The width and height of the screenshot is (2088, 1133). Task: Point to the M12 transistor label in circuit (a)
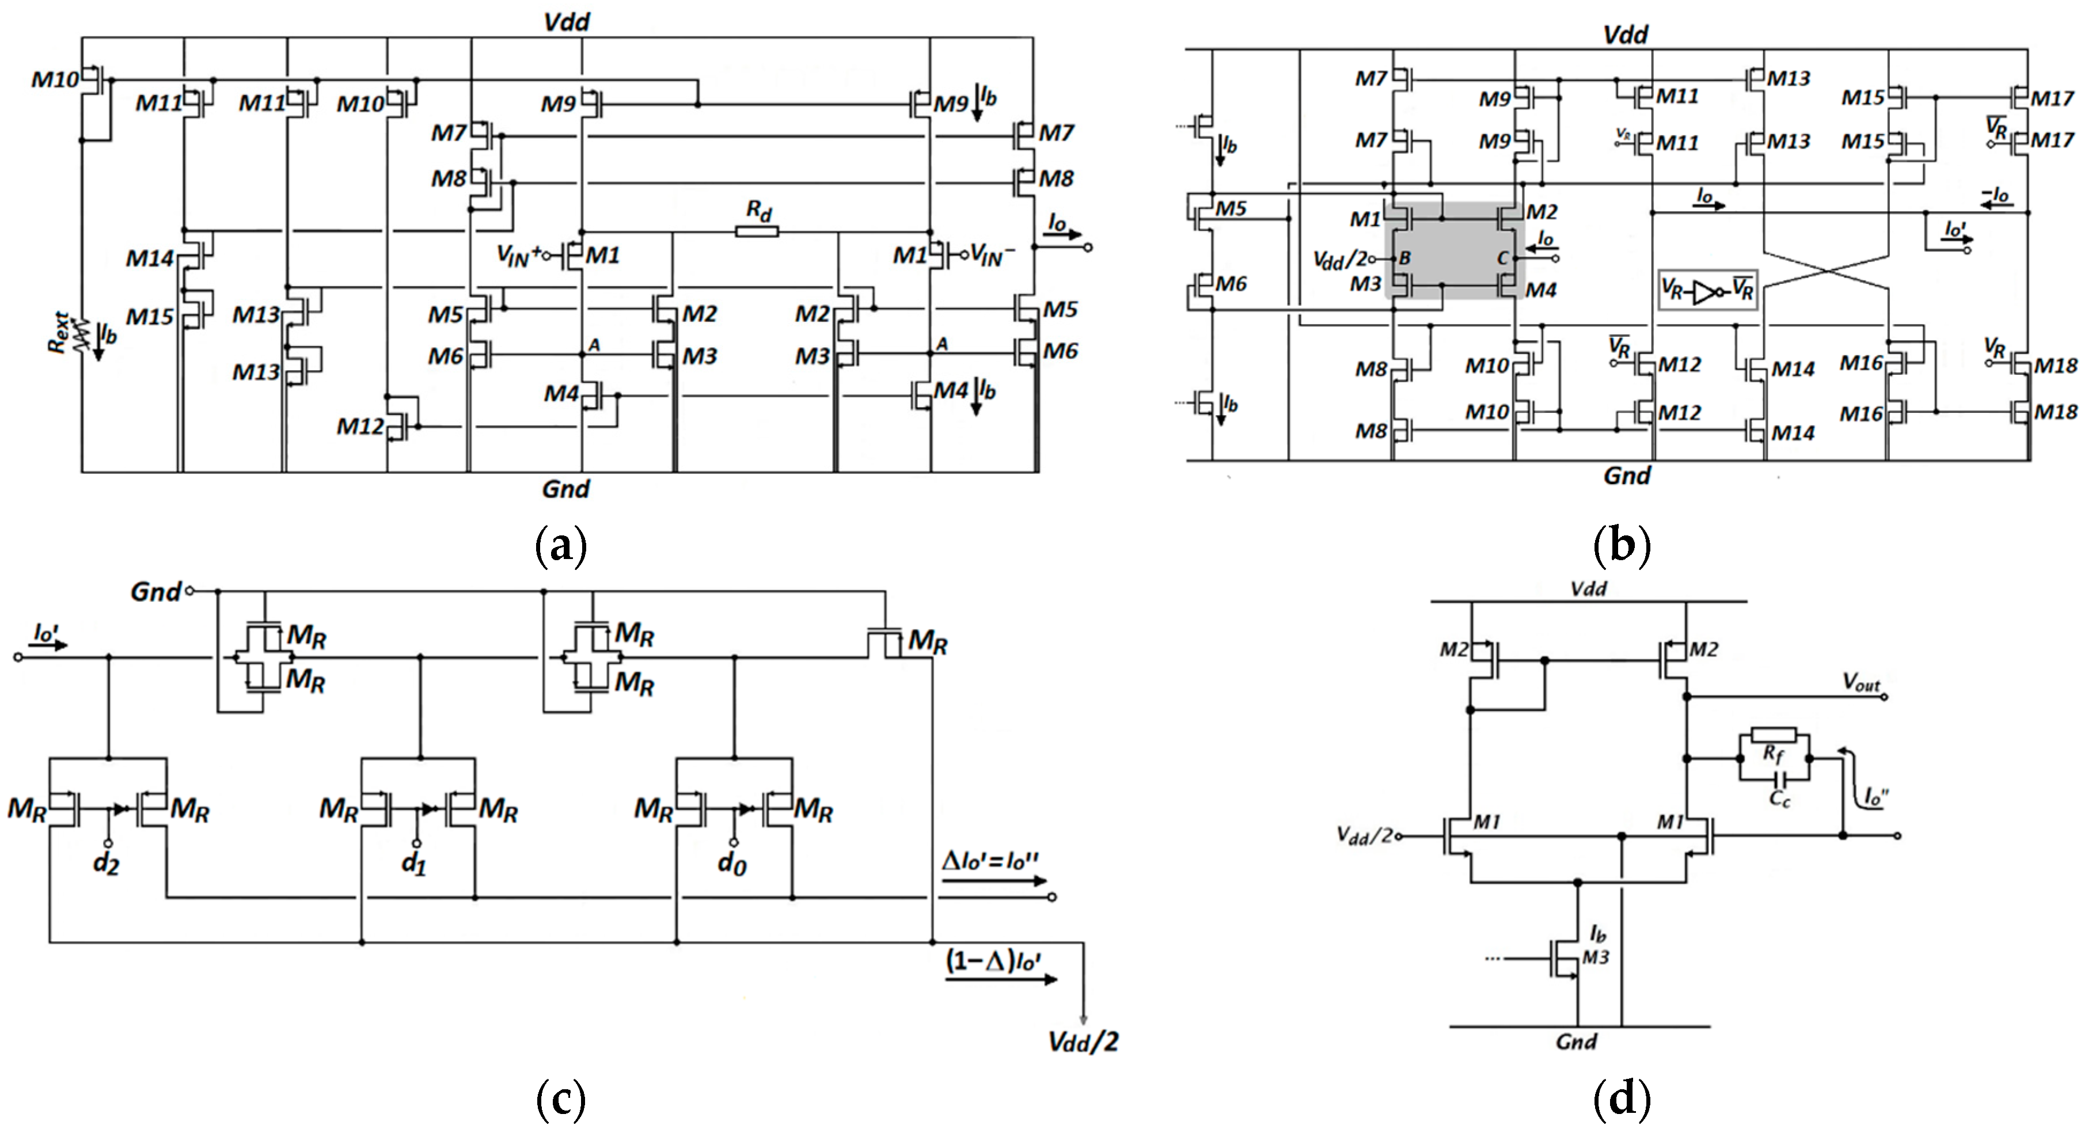click(360, 426)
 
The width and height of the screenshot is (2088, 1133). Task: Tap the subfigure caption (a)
click(561, 545)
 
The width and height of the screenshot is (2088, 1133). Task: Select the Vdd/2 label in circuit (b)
click(1339, 259)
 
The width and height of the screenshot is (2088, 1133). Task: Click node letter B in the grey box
click(1404, 258)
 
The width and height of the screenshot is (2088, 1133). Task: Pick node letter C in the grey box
click(1502, 258)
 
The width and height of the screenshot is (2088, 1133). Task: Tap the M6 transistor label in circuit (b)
click(1231, 284)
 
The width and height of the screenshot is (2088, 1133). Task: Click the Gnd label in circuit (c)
click(155, 592)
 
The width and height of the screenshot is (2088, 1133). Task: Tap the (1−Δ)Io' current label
click(993, 961)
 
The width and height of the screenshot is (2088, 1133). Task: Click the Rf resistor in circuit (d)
click(1774, 736)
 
